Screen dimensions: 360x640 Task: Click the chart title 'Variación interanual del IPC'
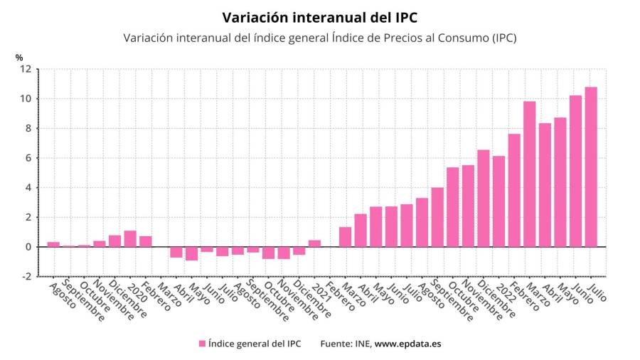coord(319,17)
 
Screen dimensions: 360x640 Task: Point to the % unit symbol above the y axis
coord(19,57)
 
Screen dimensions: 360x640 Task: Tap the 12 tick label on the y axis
coord(26,69)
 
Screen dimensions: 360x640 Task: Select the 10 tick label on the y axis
coord(26,99)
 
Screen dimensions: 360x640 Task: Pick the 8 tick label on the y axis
coord(28,129)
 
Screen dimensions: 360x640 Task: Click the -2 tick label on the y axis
coord(26,277)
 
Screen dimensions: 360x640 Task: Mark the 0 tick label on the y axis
coord(28,247)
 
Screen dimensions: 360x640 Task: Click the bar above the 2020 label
coord(130,239)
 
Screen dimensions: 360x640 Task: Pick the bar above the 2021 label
coord(314,243)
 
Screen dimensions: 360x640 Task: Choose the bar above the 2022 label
coord(498,201)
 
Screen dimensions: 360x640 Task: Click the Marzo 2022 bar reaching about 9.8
coord(529,174)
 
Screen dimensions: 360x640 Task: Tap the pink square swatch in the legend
coord(202,344)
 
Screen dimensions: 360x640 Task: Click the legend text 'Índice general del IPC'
coord(255,344)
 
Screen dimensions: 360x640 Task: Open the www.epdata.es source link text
coord(407,344)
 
